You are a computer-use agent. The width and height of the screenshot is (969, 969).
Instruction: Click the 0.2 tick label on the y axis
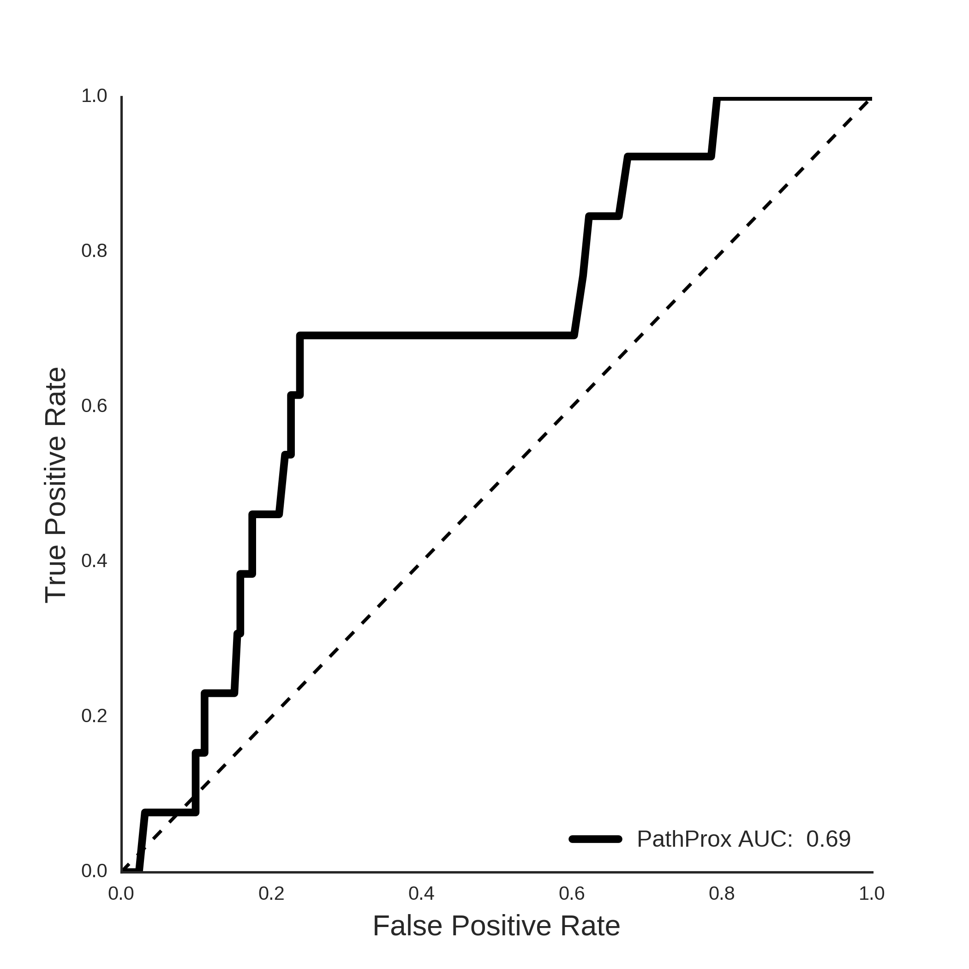(x=94, y=716)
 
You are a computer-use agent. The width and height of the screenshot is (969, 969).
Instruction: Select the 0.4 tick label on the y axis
(x=94, y=561)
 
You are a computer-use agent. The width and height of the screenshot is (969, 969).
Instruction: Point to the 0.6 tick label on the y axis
(x=94, y=406)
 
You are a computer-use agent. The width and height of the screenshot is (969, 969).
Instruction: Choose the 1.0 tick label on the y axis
(x=94, y=96)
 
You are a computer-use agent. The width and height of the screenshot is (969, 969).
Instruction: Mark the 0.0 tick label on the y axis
(x=94, y=871)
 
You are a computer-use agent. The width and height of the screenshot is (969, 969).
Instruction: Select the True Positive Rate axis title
(x=56, y=485)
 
